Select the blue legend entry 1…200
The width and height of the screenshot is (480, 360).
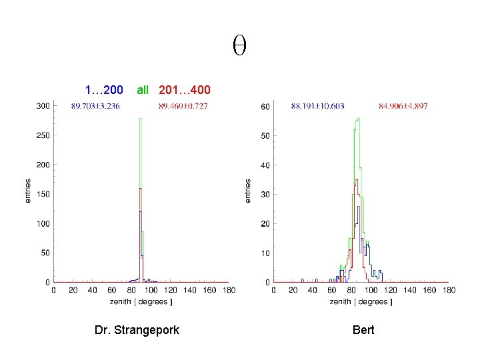[x=103, y=89]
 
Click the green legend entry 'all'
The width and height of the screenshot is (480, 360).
[x=143, y=89]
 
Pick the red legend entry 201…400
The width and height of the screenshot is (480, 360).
[x=185, y=89]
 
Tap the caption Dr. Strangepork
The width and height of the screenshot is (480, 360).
[x=137, y=330]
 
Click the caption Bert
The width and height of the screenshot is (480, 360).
[x=363, y=330]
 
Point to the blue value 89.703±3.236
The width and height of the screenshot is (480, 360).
[x=95, y=106]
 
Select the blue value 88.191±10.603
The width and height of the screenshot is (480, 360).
[x=317, y=106]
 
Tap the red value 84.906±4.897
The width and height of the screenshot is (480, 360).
[x=403, y=106]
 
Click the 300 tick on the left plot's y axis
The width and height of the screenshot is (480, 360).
[x=43, y=106]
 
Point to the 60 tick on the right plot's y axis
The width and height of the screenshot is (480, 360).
[x=265, y=107]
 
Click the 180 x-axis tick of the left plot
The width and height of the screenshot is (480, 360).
[x=228, y=291]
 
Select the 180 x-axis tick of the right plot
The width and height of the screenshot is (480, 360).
[x=448, y=291]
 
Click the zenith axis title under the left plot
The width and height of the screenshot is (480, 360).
[x=141, y=302]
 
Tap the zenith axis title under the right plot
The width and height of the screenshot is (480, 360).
[x=361, y=302]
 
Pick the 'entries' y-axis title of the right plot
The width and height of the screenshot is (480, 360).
[x=248, y=191]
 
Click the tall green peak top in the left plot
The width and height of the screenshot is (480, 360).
[x=141, y=119]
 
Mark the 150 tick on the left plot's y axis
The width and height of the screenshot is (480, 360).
[x=43, y=194]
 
